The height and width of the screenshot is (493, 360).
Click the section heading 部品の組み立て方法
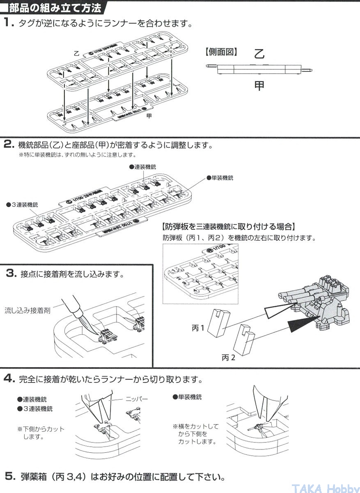pos(54,7)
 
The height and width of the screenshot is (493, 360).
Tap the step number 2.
pos(9,145)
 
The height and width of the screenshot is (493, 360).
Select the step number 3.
pos(11,273)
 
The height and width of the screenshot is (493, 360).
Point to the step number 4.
pos(9,378)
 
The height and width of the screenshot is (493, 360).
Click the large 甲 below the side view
pos(259,85)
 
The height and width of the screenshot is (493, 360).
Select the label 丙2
pos(229,357)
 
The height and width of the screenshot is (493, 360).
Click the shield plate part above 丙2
pos(244,341)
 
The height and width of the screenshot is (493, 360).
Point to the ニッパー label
pos(136,399)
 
